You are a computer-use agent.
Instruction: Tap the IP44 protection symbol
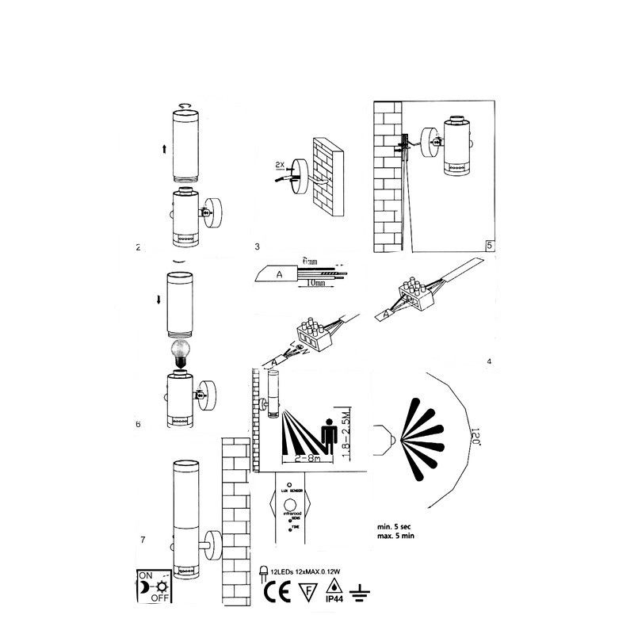[334, 592]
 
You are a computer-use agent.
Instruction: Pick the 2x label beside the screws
[279, 165]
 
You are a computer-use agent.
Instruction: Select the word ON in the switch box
[146, 575]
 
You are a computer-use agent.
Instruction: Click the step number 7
[142, 540]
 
